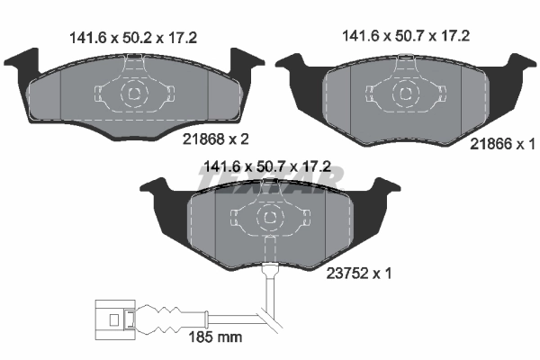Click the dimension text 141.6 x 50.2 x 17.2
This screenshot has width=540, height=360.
[x=132, y=37]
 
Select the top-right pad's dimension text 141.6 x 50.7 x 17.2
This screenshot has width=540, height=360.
[x=407, y=37]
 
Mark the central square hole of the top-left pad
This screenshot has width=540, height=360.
[x=133, y=93]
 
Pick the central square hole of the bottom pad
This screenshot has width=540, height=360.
[x=270, y=219]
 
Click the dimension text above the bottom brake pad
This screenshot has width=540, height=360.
[x=269, y=166]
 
